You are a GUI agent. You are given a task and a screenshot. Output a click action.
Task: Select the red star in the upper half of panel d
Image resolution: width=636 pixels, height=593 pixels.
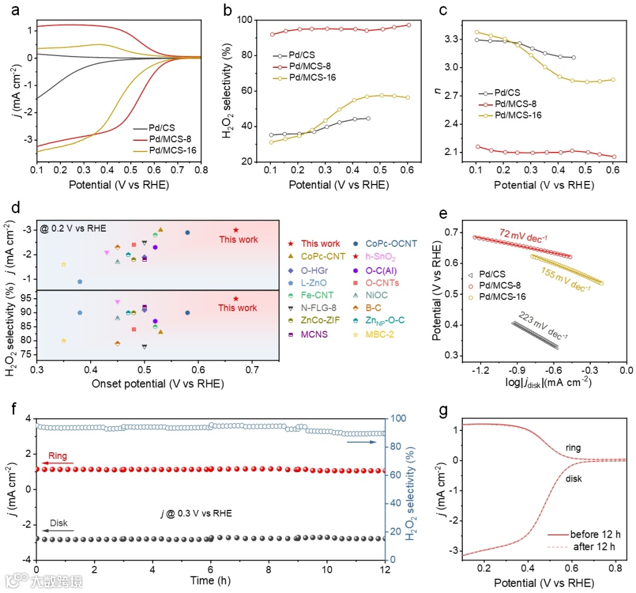pyautogui.click(x=236, y=230)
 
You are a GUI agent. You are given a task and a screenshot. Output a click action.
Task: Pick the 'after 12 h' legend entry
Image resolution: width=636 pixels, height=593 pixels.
pyautogui.click(x=593, y=546)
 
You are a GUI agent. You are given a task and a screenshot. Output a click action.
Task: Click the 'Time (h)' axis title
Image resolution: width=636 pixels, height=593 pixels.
pyautogui.click(x=210, y=581)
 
